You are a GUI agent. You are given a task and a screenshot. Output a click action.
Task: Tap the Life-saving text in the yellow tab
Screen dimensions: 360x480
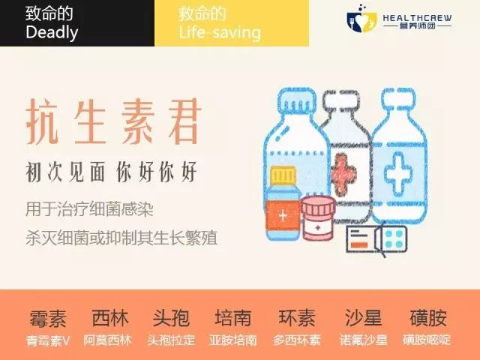point(220,32)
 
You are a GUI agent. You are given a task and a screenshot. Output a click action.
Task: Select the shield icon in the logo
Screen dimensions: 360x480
point(358,22)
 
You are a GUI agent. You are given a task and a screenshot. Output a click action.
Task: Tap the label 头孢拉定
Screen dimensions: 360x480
point(172,340)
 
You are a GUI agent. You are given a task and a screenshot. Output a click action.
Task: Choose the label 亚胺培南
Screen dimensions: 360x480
point(233,340)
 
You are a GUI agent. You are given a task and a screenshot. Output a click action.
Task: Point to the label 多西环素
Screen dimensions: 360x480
point(295,340)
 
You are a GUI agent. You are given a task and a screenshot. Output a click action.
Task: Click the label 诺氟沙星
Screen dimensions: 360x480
point(363,340)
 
